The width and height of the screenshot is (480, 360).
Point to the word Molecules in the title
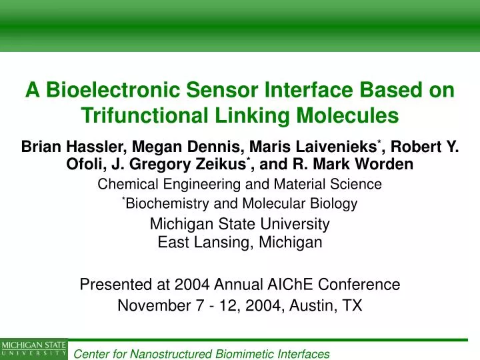[x=346, y=116]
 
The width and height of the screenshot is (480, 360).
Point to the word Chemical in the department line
[x=125, y=184]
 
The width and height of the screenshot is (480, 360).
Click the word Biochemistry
[x=160, y=204]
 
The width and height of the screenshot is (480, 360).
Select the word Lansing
[x=215, y=243]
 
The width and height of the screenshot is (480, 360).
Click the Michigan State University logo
[x=33, y=349]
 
